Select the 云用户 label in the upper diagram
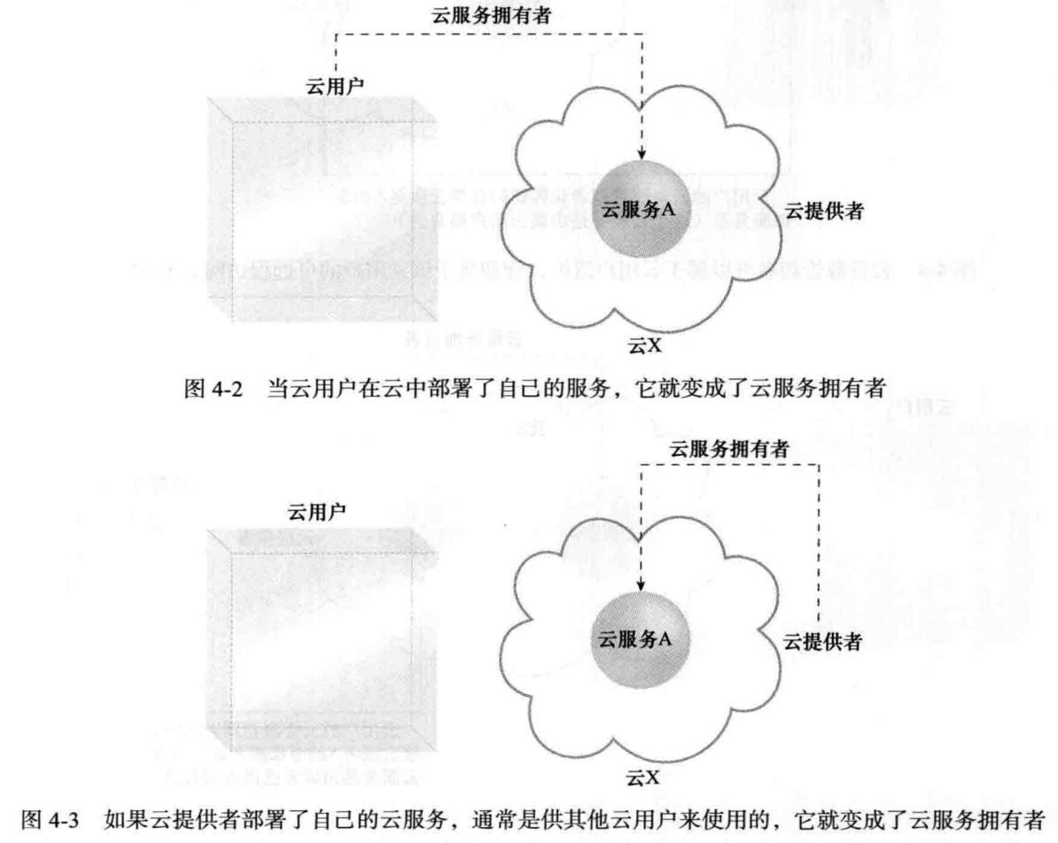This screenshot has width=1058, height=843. coord(335,84)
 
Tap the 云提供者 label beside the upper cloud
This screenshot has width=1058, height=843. coord(824,212)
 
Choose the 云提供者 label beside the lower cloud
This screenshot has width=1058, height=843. coord(821,641)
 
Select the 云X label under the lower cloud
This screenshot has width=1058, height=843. coord(644,777)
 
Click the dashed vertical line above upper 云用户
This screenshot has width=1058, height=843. coord(335,53)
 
